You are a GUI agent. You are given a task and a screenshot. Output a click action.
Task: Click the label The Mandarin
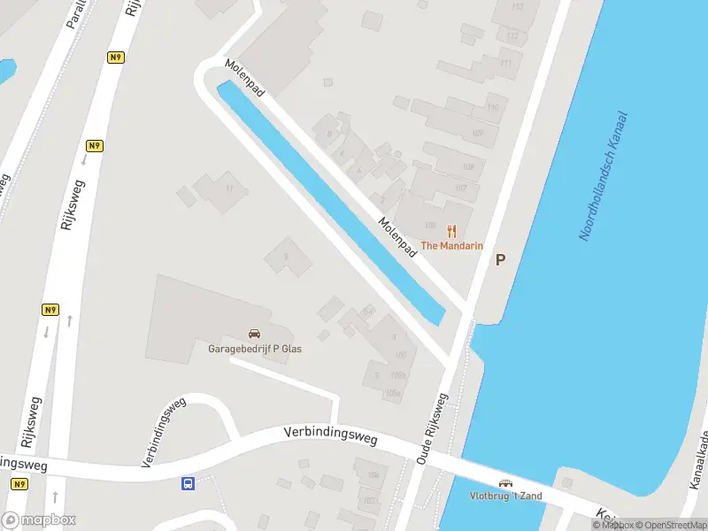coord(451,245)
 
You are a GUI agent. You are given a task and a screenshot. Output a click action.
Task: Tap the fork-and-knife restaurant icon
coord(451,231)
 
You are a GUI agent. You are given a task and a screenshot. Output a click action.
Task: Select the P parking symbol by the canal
coord(500,259)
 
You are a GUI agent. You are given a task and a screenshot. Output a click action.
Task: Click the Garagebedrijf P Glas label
coord(255,349)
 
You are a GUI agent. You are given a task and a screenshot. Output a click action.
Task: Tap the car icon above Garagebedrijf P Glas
coord(255,334)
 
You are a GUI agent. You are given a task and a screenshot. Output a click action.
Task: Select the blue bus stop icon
coord(188,483)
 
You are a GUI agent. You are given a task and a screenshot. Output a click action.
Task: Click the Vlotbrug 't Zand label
coord(505,496)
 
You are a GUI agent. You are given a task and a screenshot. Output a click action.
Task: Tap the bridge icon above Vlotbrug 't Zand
coord(505,483)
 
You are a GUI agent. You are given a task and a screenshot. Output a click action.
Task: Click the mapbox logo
coord(38,520)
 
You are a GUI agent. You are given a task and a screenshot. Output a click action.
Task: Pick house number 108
coord(468,167)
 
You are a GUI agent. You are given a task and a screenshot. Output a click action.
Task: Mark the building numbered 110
coord(493,108)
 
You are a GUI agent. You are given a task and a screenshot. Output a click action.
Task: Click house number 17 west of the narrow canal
coord(231,188)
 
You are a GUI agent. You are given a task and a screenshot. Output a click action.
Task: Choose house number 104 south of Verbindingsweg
coord(373,475)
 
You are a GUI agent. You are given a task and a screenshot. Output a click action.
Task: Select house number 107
coord(461,188)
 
